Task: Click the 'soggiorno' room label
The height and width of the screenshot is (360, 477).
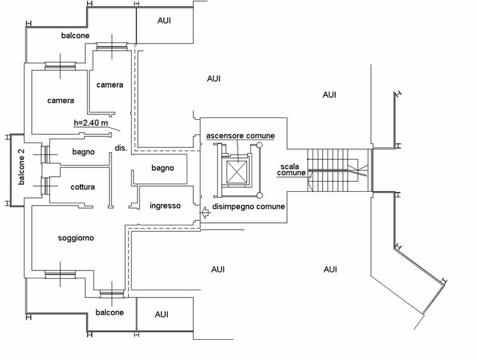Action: (76, 238)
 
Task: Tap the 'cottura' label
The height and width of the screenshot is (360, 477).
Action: (82, 187)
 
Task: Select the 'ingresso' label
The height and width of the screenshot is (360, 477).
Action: (165, 206)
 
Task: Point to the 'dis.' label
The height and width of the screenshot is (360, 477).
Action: (121, 148)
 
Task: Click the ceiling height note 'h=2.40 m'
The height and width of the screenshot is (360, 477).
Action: (91, 123)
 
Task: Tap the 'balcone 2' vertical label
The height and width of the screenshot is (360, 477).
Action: (21, 167)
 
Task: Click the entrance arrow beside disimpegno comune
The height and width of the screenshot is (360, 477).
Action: (205, 212)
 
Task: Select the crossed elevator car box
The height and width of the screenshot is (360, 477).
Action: (237, 172)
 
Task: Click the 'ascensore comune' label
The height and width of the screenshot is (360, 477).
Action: (240, 136)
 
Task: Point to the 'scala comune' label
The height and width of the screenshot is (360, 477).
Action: (291, 170)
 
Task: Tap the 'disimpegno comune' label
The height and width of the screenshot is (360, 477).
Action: (249, 207)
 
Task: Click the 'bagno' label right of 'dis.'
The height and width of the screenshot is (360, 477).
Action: (163, 168)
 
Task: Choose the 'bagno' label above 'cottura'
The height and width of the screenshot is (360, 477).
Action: (83, 152)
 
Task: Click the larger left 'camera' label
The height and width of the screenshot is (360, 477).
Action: (61, 100)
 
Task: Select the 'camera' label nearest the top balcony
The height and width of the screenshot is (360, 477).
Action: (110, 85)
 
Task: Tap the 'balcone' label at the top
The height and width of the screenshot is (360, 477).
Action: (76, 36)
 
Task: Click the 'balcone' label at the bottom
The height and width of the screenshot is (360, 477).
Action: (110, 312)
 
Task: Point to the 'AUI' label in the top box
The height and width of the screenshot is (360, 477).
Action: (164, 21)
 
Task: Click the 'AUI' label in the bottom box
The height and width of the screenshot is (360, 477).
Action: (162, 314)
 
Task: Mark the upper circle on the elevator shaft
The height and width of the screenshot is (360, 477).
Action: (259, 145)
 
